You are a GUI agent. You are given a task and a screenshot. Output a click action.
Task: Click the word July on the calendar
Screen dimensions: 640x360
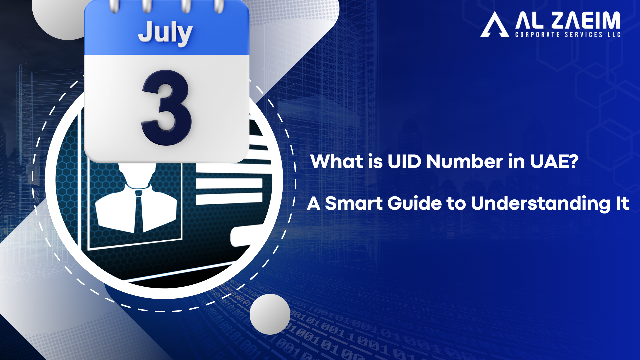tap(165, 33)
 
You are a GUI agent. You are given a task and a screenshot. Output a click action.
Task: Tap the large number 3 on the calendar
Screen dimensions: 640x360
tap(167, 108)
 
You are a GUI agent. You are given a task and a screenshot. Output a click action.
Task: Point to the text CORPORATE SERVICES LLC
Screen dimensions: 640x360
tap(568, 35)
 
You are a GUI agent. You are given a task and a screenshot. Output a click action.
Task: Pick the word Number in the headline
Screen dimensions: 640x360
tap(465, 162)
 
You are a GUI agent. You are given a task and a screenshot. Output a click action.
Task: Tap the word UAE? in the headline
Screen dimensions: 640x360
tap(554, 162)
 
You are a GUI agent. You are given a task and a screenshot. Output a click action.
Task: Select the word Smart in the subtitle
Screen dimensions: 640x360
tap(354, 203)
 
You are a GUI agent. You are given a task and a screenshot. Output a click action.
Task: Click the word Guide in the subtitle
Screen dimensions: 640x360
tap(415, 203)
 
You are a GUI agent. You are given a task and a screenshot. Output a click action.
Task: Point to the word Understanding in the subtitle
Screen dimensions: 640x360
tap(540, 204)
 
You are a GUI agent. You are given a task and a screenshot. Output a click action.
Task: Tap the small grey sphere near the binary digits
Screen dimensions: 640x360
tap(270, 314)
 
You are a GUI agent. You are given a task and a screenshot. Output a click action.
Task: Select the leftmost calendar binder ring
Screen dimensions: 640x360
tap(114, 6)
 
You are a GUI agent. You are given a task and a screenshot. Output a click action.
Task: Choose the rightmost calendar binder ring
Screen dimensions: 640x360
tap(218, 6)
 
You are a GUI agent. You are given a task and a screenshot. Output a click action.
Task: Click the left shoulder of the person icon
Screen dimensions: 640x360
tap(112, 210)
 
